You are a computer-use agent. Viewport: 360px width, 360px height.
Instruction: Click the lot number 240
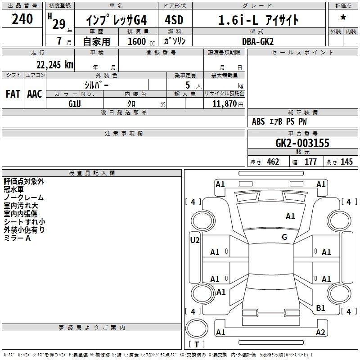[22, 19]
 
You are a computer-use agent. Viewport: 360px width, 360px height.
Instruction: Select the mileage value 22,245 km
[55, 65]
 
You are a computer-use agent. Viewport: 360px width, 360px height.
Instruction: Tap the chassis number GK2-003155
[302, 143]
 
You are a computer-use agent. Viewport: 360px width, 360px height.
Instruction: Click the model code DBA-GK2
[258, 41]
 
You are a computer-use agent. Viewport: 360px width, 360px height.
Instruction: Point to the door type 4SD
[174, 20]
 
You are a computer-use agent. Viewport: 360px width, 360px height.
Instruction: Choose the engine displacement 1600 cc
[141, 41]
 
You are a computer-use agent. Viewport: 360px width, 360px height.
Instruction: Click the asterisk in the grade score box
[343, 18]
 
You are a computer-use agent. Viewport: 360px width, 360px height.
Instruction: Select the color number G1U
[75, 104]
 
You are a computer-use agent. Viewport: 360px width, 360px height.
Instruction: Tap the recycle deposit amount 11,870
[225, 103]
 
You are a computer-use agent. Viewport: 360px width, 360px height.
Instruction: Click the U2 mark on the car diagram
[195, 240]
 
